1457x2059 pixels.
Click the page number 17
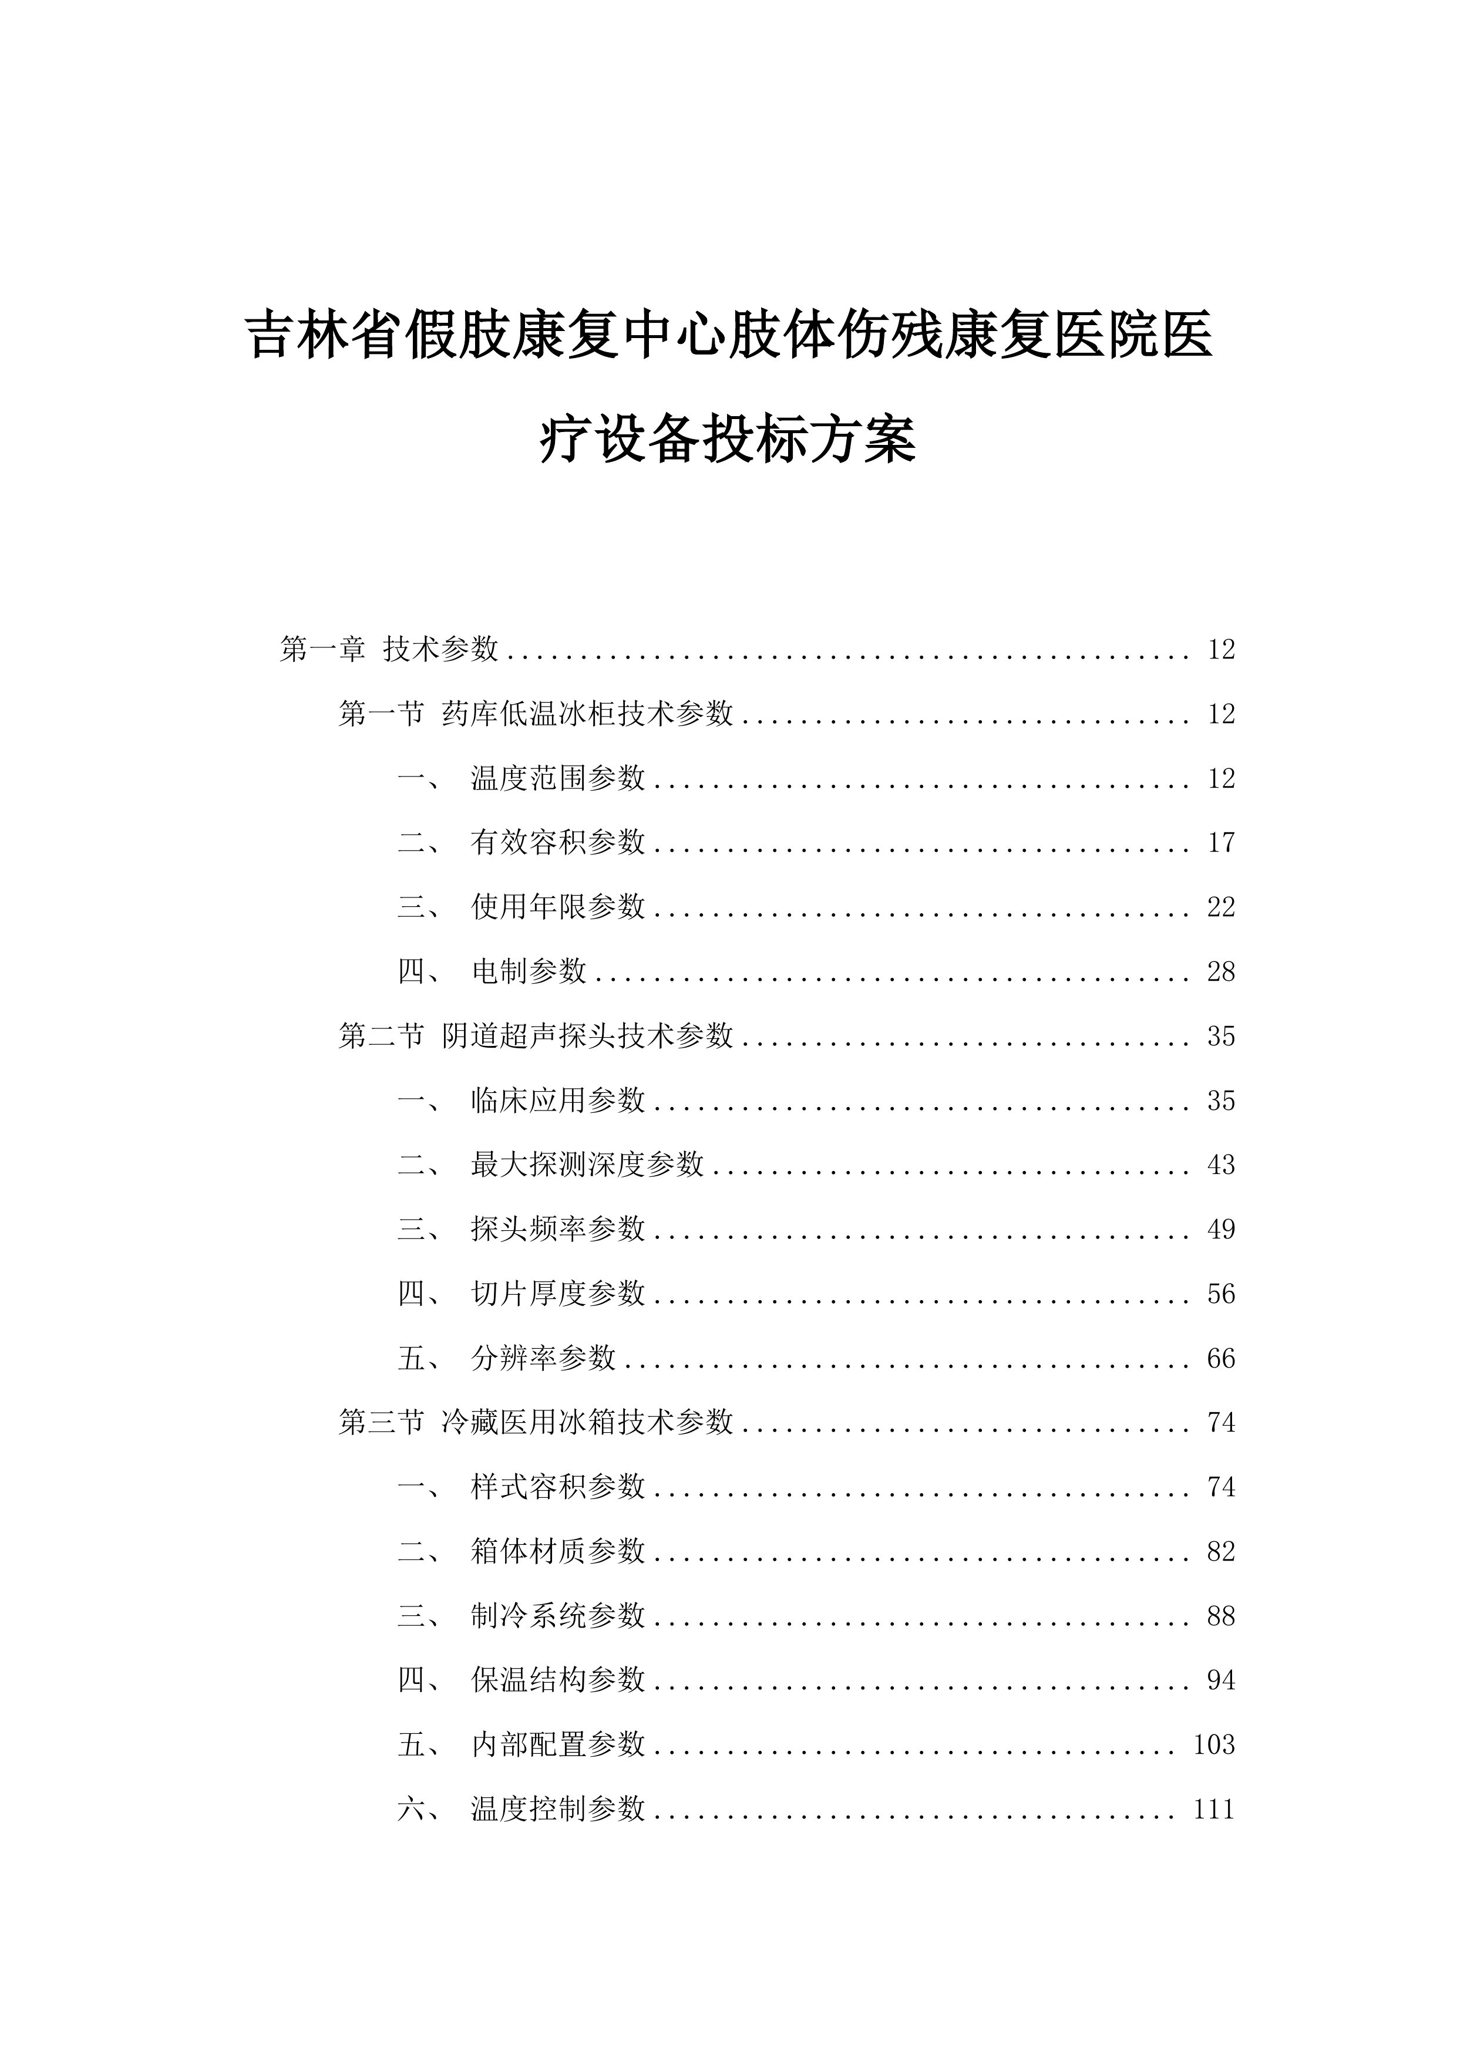[x=1221, y=843]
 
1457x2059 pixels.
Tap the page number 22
[x=1221, y=907]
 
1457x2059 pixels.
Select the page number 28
[x=1221, y=972]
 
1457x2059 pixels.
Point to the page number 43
[x=1221, y=1165]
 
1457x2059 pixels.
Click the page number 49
[x=1221, y=1230]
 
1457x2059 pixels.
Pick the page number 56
[x=1221, y=1294]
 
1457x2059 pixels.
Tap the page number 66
[x=1221, y=1359]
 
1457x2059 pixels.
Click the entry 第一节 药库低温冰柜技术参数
[x=536, y=714]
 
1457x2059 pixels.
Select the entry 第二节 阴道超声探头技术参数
[x=536, y=1036]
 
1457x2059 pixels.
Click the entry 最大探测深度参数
[x=587, y=1165]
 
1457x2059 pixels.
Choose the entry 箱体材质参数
[x=557, y=1551]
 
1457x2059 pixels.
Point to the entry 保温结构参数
[x=557, y=1680]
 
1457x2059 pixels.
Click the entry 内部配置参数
[x=557, y=1744]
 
